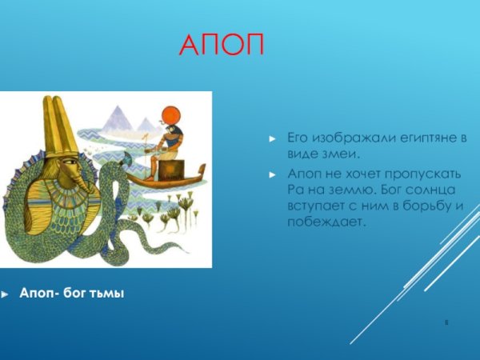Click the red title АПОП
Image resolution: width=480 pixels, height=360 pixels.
click(221, 46)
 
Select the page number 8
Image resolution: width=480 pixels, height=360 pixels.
click(446, 322)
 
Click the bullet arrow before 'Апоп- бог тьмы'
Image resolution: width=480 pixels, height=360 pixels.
click(6, 294)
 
